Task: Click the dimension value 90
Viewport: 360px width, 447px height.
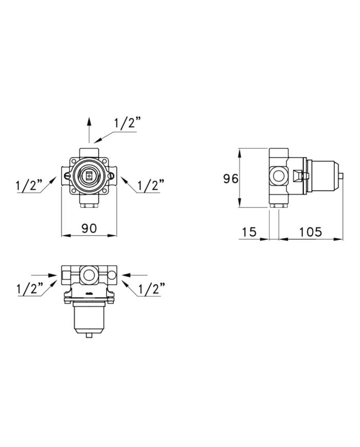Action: tap(89, 228)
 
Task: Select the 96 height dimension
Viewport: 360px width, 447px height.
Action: tap(230, 178)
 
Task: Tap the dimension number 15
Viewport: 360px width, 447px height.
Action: tap(249, 232)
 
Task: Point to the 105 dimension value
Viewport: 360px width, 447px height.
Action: tap(311, 232)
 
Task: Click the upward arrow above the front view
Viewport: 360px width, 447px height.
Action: tap(89, 130)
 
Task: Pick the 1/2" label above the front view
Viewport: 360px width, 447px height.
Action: tap(128, 123)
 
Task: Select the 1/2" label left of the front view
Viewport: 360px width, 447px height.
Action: tap(29, 185)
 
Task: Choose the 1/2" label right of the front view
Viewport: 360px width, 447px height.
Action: tap(151, 185)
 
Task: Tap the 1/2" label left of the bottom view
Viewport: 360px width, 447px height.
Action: tap(30, 289)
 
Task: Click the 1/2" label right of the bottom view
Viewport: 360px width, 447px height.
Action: tap(152, 289)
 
